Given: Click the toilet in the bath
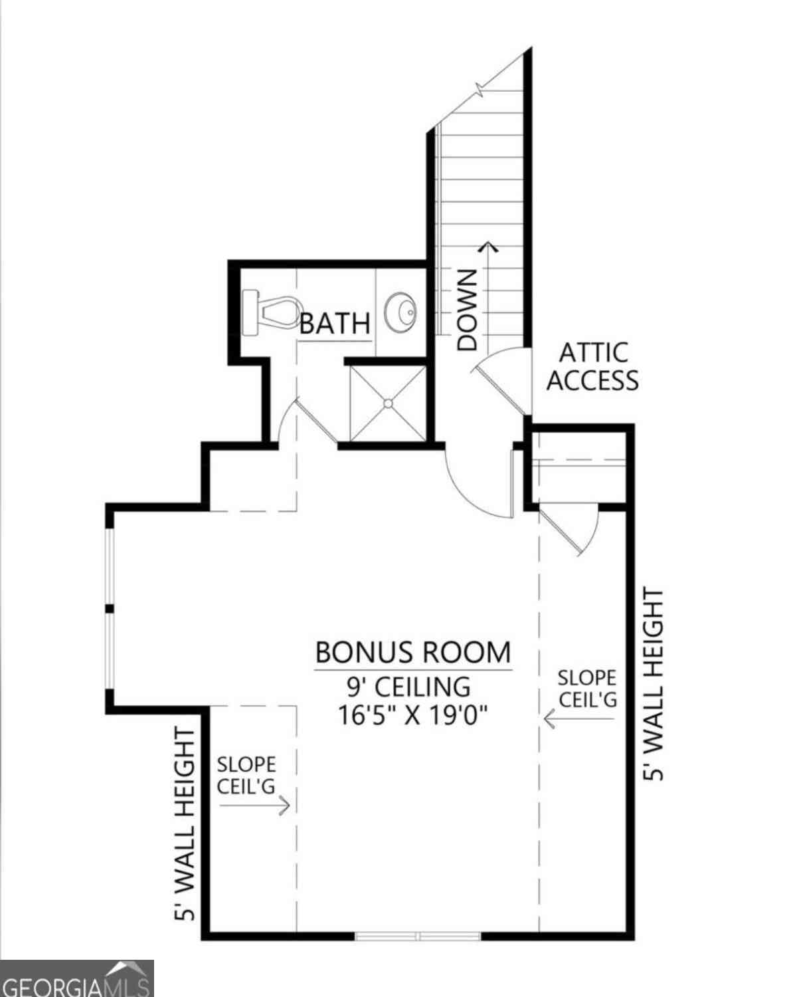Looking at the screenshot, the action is [270, 312].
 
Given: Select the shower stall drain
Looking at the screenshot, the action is [388, 403].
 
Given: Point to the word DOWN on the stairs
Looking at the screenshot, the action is [467, 310].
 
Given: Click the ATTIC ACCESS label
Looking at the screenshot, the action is [592, 366].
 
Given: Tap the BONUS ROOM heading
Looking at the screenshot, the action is [413, 652].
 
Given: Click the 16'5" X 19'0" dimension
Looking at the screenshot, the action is [412, 715].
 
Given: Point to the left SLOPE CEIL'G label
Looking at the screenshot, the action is [246, 775].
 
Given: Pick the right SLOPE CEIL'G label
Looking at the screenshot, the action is [587, 689].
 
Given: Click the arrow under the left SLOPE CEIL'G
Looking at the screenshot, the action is [254, 806].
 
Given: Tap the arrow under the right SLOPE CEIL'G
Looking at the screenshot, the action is [579, 719].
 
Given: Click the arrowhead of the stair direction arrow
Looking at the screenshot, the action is [487, 247].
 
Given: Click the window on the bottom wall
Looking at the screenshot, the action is [418, 937].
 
